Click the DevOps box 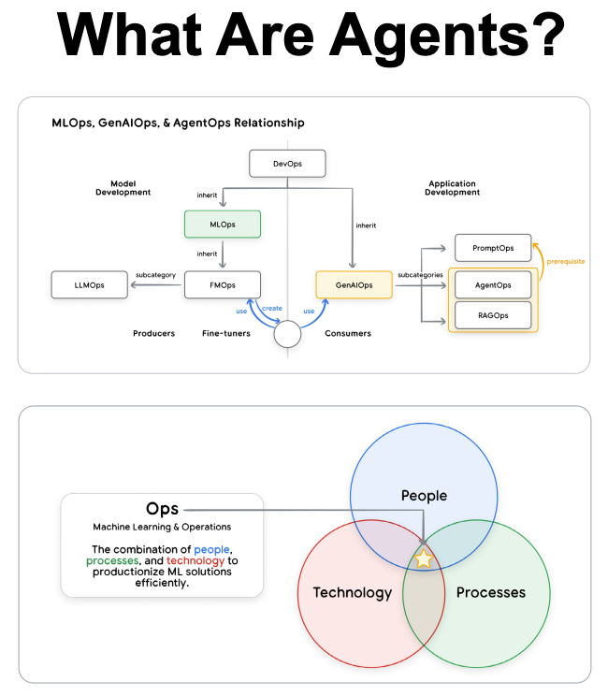pyautogui.click(x=287, y=165)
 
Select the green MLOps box pyautogui.click(x=222, y=225)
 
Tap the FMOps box pyautogui.click(x=222, y=284)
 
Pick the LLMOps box pyautogui.click(x=90, y=284)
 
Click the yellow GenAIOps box pyautogui.click(x=355, y=284)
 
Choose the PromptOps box pyautogui.click(x=493, y=248)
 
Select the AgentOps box pyautogui.click(x=493, y=284)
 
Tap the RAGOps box pyautogui.click(x=493, y=315)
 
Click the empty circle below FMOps pyautogui.click(x=287, y=333)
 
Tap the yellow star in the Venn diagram pyautogui.click(x=424, y=559)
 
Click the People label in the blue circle pyautogui.click(x=424, y=495)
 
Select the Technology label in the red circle pyautogui.click(x=352, y=592)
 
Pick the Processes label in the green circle pyautogui.click(x=490, y=592)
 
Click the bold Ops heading pyautogui.click(x=162, y=509)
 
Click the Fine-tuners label pyautogui.click(x=226, y=333)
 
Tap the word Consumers pyautogui.click(x=348, y=333)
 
